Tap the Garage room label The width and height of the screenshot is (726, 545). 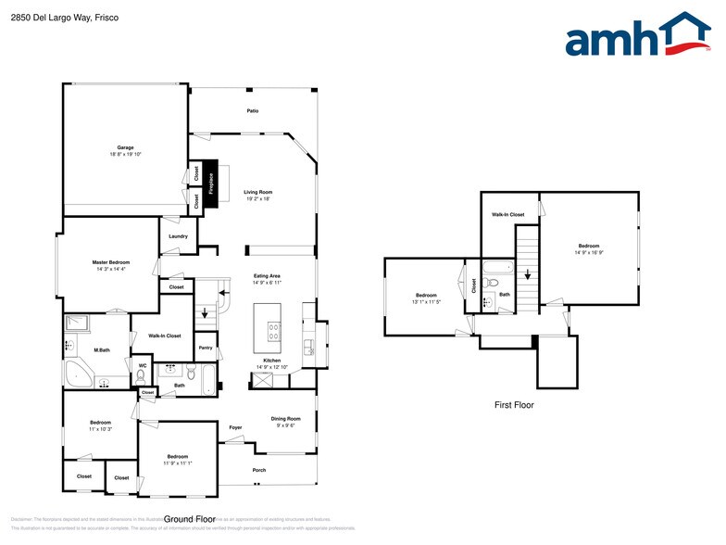pyautogui.click(x=125, y=148)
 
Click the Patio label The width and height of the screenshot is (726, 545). pyautogui.click(x=252, y=111)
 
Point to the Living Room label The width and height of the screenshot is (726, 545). pyautogui.click(x=258, y=192)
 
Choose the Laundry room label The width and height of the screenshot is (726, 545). pyautogui.click(x=178, y=236)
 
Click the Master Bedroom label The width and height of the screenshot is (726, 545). pyautogui.click(x=110, y=262)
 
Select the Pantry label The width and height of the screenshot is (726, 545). pyautogui.click(x=205, y=348)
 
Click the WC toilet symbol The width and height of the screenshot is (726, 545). pyautogui.click(x=142, y=376)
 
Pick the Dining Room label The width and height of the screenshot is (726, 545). pyautogui.click(x=285, y=419)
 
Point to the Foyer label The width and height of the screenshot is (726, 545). pyautogui.click(x=236, y=427)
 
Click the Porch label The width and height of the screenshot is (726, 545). pyautogui.click(x=259, y=470)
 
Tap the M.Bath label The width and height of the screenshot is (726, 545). pyautogui.click(x=103, y=350)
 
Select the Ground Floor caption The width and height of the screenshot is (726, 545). pyautogui.click(x=190, y=519)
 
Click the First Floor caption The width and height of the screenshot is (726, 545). pyautogui.click(x=513, y=405)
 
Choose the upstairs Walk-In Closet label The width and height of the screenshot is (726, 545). pyautogui.click(x=507, y=214)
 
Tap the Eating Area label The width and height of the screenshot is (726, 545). pyautogui.click(x=268, y=275)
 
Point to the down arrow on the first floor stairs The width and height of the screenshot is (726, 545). pyautogui.click(x=527, y=274)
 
